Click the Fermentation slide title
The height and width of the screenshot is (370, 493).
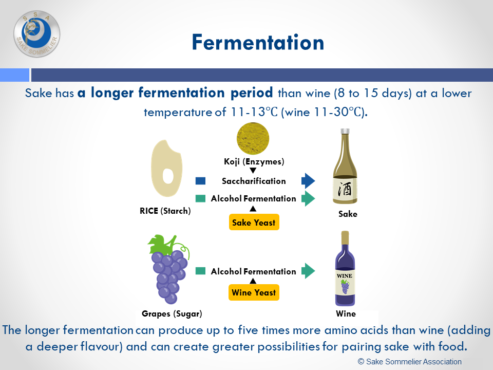[258, 43]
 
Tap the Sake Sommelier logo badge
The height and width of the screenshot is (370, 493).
[37, 34]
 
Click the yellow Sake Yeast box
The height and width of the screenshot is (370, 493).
[254, 223]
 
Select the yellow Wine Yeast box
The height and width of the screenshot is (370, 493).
[254, 292]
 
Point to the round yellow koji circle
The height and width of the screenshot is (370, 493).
[253, 138]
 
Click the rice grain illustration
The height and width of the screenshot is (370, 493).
[166, 169]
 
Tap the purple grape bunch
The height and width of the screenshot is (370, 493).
[169, 269]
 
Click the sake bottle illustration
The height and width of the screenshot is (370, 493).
[345, 166]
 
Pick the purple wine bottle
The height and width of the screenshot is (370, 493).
[345, 268]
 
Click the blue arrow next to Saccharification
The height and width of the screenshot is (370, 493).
[308, 181]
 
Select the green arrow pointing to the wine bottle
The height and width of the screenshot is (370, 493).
[308, 271]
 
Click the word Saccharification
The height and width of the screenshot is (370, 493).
[254, 181]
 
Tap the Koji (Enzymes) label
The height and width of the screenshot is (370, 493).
[254, 162]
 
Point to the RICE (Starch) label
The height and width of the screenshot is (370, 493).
[165, 211]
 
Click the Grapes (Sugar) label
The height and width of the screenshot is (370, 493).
[172, 313]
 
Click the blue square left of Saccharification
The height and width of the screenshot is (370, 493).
[200, 181]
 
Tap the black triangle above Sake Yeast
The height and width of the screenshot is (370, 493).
[253, 209]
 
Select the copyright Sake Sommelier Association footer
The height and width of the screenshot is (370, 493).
[410, 361]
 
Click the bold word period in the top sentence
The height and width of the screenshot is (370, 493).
[252, 93]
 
